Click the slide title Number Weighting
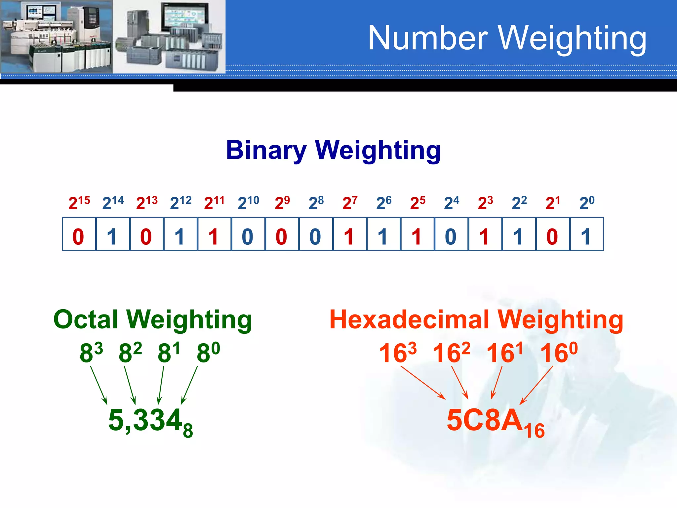(x=507, y=39)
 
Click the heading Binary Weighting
(x=333, y=150)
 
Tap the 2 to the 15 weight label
(x=79, y=202)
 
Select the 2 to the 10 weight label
(x=248, y=202)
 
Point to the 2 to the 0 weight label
(x=587, y=202)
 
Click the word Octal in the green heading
(x=86, y=320)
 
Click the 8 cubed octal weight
(x=91, y=353)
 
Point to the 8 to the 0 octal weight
(x=208, y=353)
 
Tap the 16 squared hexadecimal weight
(x=451, y=353)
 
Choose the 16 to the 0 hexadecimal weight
(x=559, y=353)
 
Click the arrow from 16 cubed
(x=423, y=382)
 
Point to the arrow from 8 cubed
(x=99, y=385)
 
